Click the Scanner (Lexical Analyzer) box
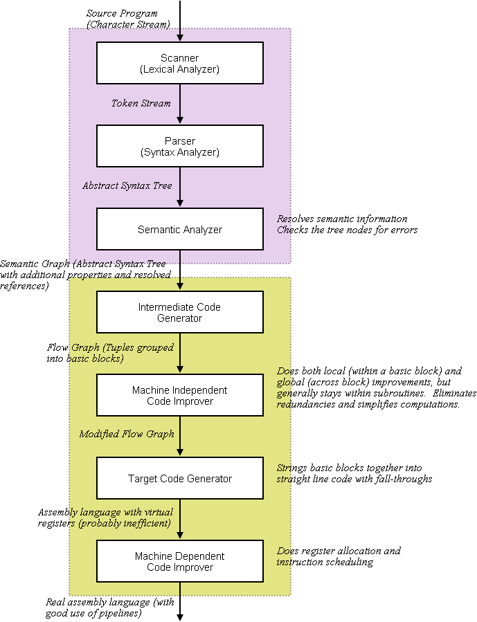tap(180, 63)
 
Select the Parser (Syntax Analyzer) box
tap(180, 146)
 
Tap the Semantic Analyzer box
tap(180, 229)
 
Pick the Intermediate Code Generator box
tap(180, 312)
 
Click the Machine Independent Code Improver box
tap(180, 395)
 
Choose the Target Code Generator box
tap(180, 478)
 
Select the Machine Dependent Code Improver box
tap(180, 561)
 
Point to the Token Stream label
tap(141, 103)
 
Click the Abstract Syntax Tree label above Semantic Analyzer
tap(127, 185)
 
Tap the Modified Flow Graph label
tap(126, 434)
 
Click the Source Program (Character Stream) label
tap(129, 19)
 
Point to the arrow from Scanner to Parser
tap(180, 104)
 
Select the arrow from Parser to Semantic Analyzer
tap(180, 187)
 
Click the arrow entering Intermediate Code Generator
tap(180, 273)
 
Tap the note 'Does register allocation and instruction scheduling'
tap(339, 556)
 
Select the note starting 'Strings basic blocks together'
tap(354, 473)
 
